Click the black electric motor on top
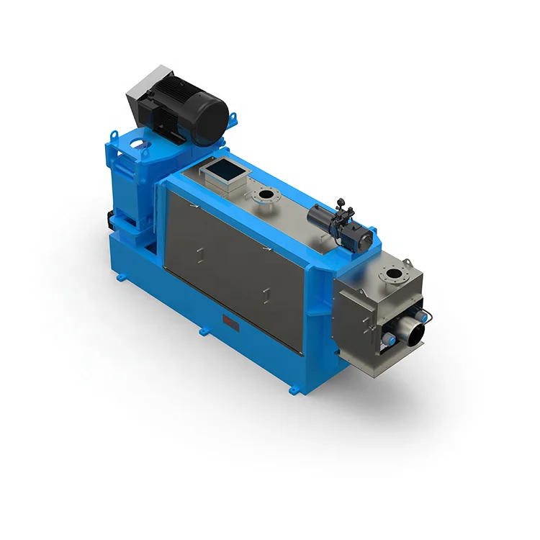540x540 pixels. (x=191, y=112)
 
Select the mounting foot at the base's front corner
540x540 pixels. (x=293, y=390)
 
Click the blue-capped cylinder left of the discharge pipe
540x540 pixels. (x=387, y=338)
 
